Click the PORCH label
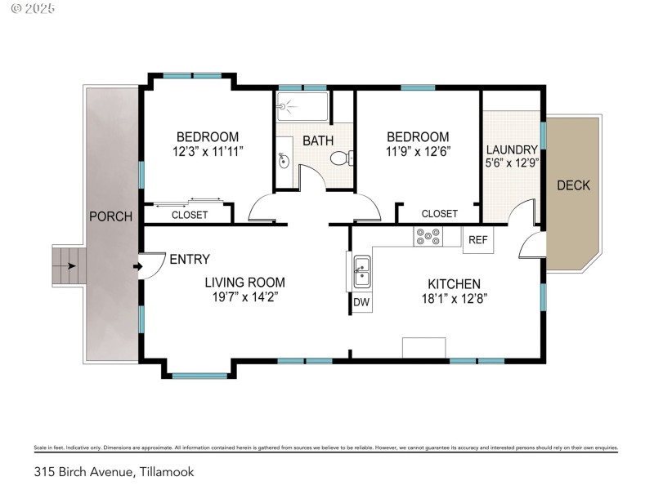click(110, 216)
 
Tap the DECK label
click(573, 185)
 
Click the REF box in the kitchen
click(478, 240)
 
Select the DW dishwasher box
click(361, 302)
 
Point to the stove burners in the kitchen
click(426, 236)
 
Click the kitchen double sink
click(361, 272)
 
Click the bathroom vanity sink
click(284, 160)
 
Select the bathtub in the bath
click(302, 106)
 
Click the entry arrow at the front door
click(136, 265)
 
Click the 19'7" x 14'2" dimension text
click(244, 297)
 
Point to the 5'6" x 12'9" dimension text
click(512, 163)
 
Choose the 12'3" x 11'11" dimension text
click(208, 151)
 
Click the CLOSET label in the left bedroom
click(189, 215)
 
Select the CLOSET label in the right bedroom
click(439, 213)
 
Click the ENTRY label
click(189, 259)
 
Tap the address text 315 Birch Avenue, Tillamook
click(114, 471)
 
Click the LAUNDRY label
click(512, 149)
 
